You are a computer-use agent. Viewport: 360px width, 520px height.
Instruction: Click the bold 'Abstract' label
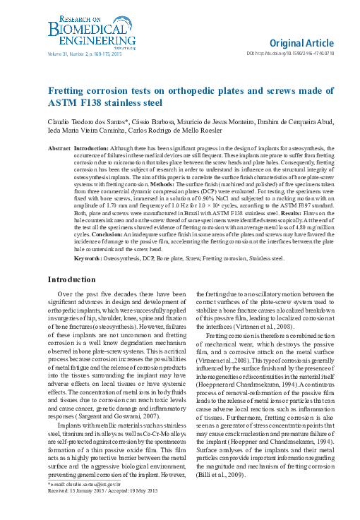pos(59,149)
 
